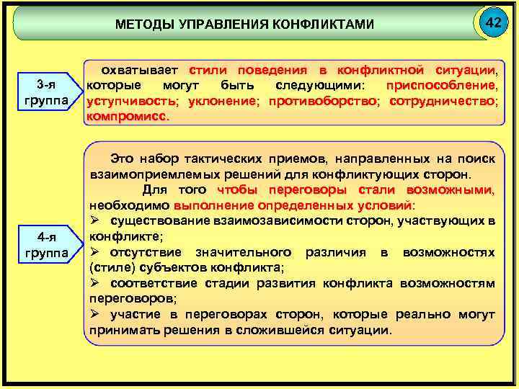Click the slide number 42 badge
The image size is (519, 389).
pos(493,24)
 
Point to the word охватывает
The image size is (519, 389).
pos(141,71)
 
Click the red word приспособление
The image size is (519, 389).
pos(441,86)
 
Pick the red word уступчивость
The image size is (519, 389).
pos(133,101)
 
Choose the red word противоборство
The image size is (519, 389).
pos(323,101)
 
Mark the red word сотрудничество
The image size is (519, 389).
pos(442,101)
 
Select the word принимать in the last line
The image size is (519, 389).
pos(122,331)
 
